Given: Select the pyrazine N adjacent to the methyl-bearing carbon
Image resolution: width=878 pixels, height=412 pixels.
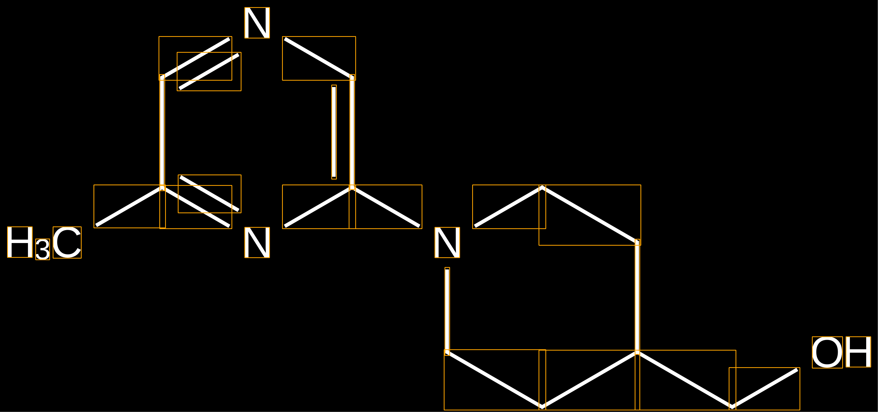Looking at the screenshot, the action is (257, 243).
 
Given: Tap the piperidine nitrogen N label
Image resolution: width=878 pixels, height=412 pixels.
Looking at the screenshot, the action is (447, 243).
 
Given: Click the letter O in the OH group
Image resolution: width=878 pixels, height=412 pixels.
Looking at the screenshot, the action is (827, 352).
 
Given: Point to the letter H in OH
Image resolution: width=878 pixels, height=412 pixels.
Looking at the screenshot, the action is (858, 352).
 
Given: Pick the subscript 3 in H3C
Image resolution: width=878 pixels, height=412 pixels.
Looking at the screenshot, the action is (43, 249).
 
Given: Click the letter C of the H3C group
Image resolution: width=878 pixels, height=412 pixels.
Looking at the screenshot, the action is (67, 243).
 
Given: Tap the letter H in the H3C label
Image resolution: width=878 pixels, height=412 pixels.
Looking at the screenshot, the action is (20, 242).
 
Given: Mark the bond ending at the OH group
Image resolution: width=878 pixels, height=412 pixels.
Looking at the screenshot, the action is (764, 389).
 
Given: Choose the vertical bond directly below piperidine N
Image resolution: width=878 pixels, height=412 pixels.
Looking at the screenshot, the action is (447, 311).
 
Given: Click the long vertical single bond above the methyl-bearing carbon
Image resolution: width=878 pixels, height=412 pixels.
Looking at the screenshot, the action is (162, 133).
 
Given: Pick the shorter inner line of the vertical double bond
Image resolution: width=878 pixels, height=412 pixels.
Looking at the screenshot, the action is (334, 132).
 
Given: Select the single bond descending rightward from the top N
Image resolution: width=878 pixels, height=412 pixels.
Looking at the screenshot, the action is (319, 58).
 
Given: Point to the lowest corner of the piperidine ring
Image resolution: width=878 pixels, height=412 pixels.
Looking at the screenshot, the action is (542, 407).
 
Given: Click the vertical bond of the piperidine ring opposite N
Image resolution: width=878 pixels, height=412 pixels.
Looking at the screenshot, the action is (637, 297).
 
